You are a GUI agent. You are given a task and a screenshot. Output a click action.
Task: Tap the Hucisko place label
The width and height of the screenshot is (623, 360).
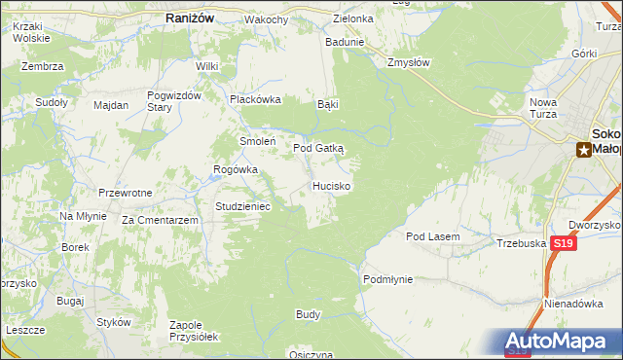click(332, 185)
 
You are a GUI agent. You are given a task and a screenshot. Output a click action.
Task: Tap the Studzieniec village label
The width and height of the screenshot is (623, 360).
click(249, 206)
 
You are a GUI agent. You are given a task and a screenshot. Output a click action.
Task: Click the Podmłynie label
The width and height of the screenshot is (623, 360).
click(387, 279)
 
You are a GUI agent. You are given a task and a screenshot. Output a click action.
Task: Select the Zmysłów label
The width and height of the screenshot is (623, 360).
click(409, 61)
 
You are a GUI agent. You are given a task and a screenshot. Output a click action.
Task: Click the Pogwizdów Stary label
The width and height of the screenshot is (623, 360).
click(173, 100)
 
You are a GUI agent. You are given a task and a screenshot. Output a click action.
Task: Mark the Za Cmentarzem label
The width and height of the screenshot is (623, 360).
click(161, 221)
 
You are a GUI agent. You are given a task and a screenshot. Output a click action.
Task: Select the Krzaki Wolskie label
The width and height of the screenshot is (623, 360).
click(31, 35)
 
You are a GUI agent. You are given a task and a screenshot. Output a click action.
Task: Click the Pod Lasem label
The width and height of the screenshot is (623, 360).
click(432, 236)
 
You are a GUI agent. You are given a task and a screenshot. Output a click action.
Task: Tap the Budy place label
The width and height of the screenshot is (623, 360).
click(308, 315)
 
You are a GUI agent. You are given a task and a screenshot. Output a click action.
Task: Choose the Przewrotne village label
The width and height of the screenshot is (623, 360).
click(126, 193)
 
